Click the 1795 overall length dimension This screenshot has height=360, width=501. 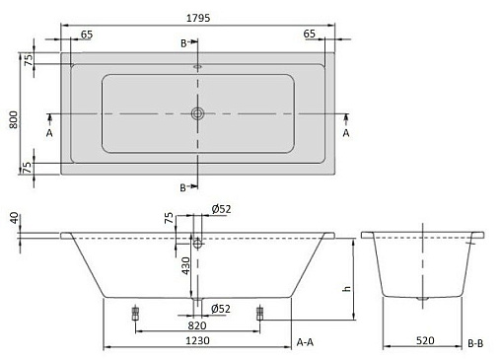(198, 18)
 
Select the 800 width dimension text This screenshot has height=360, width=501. (14, 119)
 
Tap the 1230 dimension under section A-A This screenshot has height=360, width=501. (197, 340)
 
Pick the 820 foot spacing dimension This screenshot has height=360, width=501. (197, 325)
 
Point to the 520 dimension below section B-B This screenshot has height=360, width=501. (425, 340)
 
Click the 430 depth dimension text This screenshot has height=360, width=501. (186, 265)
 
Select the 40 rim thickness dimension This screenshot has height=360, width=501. (14, 218)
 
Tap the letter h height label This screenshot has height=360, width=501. (346, 289)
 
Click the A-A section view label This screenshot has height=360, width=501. (305, 342)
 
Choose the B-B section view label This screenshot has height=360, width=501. (475, 343)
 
